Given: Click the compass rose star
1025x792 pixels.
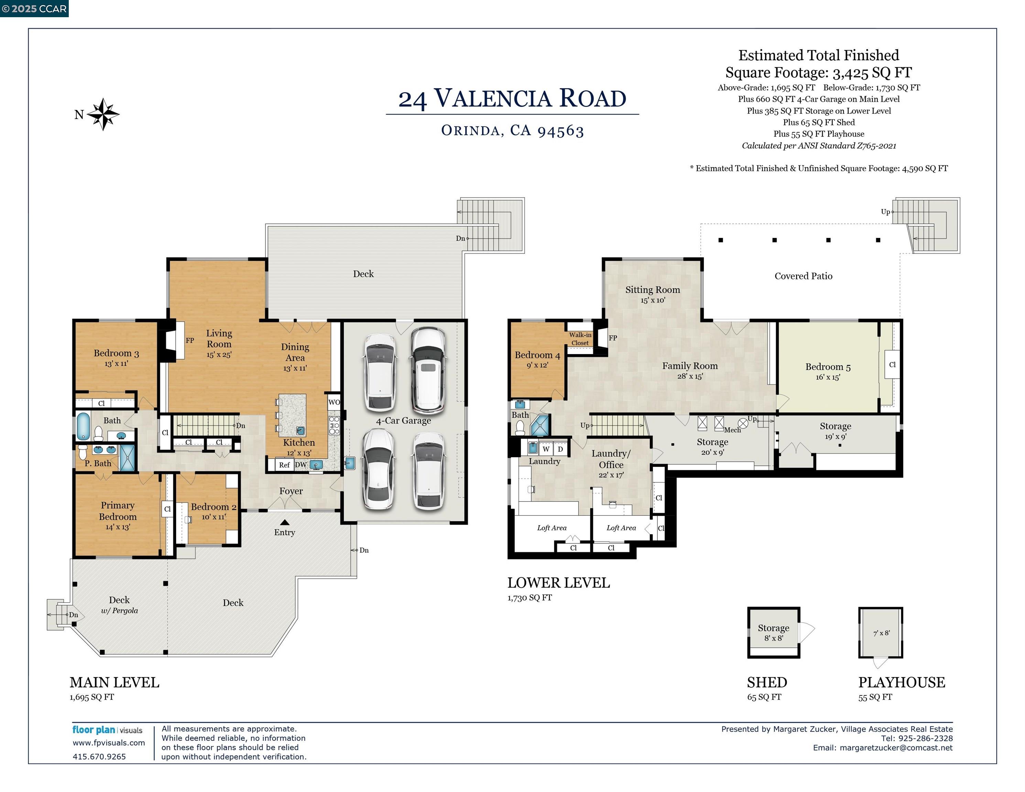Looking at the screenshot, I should pyautogui.click(x=103, y=114).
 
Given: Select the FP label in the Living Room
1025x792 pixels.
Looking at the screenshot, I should pyautogui.click(x=189, y=341).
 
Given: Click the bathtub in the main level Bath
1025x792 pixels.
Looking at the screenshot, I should pyautogui.click(x=83, y=426).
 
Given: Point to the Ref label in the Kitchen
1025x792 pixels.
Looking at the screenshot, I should pyautogui.click(x=284, y=465).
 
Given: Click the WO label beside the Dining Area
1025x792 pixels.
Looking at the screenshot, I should pyautogui.click(x=334, y=402).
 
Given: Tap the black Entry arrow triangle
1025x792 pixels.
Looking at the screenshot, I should pyautogui.click(x=285, y=522).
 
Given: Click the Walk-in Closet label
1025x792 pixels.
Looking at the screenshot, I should pyautogui.click(x=580, y=339).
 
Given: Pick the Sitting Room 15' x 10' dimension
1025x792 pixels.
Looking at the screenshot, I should pyautogui.click(x=652, y=300).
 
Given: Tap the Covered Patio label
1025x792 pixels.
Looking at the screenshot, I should pyautogui.click(x=803, y=276).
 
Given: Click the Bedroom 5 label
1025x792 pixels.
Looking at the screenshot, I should pyautogui.click(x=828, y=367).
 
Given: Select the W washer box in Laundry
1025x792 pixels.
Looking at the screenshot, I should pyautogui.click(x=546, y=449).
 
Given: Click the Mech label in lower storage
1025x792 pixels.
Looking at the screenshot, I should pyautogui.click(x=732, y=430).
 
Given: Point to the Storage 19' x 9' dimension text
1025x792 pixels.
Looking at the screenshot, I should pyautogui.click(x=836, y=436).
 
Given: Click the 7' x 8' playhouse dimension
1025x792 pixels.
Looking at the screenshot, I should pyautogui.click(x=881, y=633).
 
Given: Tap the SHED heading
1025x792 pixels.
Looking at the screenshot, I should pyautogui.click(x=767, y=682).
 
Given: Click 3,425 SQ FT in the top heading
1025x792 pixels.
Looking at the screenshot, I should pyautogui.click(x=872, y=73).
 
